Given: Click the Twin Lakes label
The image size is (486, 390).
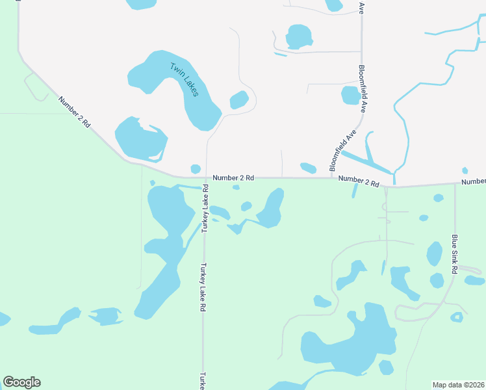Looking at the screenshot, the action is [184, 79].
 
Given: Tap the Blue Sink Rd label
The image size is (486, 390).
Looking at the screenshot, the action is [455, 254].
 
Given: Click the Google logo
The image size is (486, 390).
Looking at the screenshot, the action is [21, 382].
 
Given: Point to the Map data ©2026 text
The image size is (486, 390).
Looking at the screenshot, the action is [458, 384].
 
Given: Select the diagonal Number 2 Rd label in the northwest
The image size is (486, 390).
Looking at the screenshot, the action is [74, 112].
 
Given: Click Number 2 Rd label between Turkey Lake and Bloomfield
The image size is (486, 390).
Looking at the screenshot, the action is [233, 177].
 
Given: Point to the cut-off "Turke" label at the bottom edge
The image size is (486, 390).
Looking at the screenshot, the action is [203, 380].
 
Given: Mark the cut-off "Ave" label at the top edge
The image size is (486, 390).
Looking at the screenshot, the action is [361, 7].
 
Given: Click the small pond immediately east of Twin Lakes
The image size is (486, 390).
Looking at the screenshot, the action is [239, 100].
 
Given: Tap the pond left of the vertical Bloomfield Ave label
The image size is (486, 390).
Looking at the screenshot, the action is [350, 96].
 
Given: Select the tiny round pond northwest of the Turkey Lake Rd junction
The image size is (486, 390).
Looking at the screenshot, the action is [195, 169].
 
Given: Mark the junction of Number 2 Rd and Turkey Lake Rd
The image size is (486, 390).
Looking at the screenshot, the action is [205, 177].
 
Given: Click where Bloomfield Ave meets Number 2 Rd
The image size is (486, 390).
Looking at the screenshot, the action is [332, 177].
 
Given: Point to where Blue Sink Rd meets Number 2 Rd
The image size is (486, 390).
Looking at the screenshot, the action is [455, 184].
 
